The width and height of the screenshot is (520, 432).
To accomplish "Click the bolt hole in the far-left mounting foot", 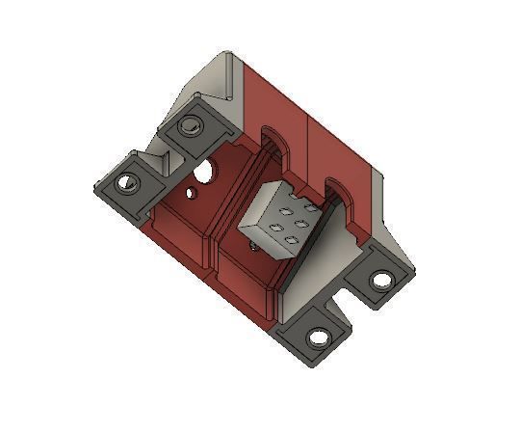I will (126, 181).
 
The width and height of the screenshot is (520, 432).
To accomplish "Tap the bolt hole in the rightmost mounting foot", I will (382, 280).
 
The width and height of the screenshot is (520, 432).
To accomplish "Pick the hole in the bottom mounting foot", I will (317, 337).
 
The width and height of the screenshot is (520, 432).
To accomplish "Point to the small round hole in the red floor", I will (193, 192).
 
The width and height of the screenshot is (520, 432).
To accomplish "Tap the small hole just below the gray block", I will (252, 245).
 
